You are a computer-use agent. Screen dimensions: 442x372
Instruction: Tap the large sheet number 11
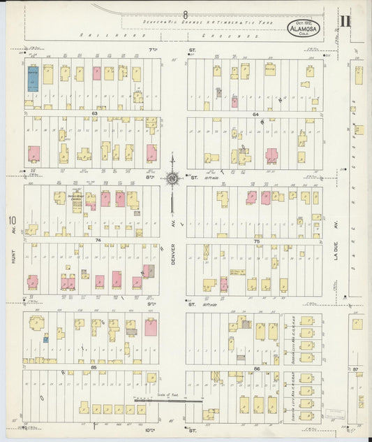click(x=346, y=22)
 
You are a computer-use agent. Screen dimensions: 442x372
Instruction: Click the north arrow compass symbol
click(x=172, y=179)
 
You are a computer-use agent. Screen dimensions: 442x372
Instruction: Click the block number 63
click(x=94, y=112)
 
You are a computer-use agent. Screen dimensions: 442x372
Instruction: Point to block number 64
click(x=255, y=113)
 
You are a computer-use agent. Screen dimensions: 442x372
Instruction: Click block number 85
click(x=93, y=366)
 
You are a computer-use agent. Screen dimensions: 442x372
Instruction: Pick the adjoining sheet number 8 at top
click(x=186, y=14)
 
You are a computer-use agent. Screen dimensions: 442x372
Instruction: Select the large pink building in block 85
click(x=150, y=327)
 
